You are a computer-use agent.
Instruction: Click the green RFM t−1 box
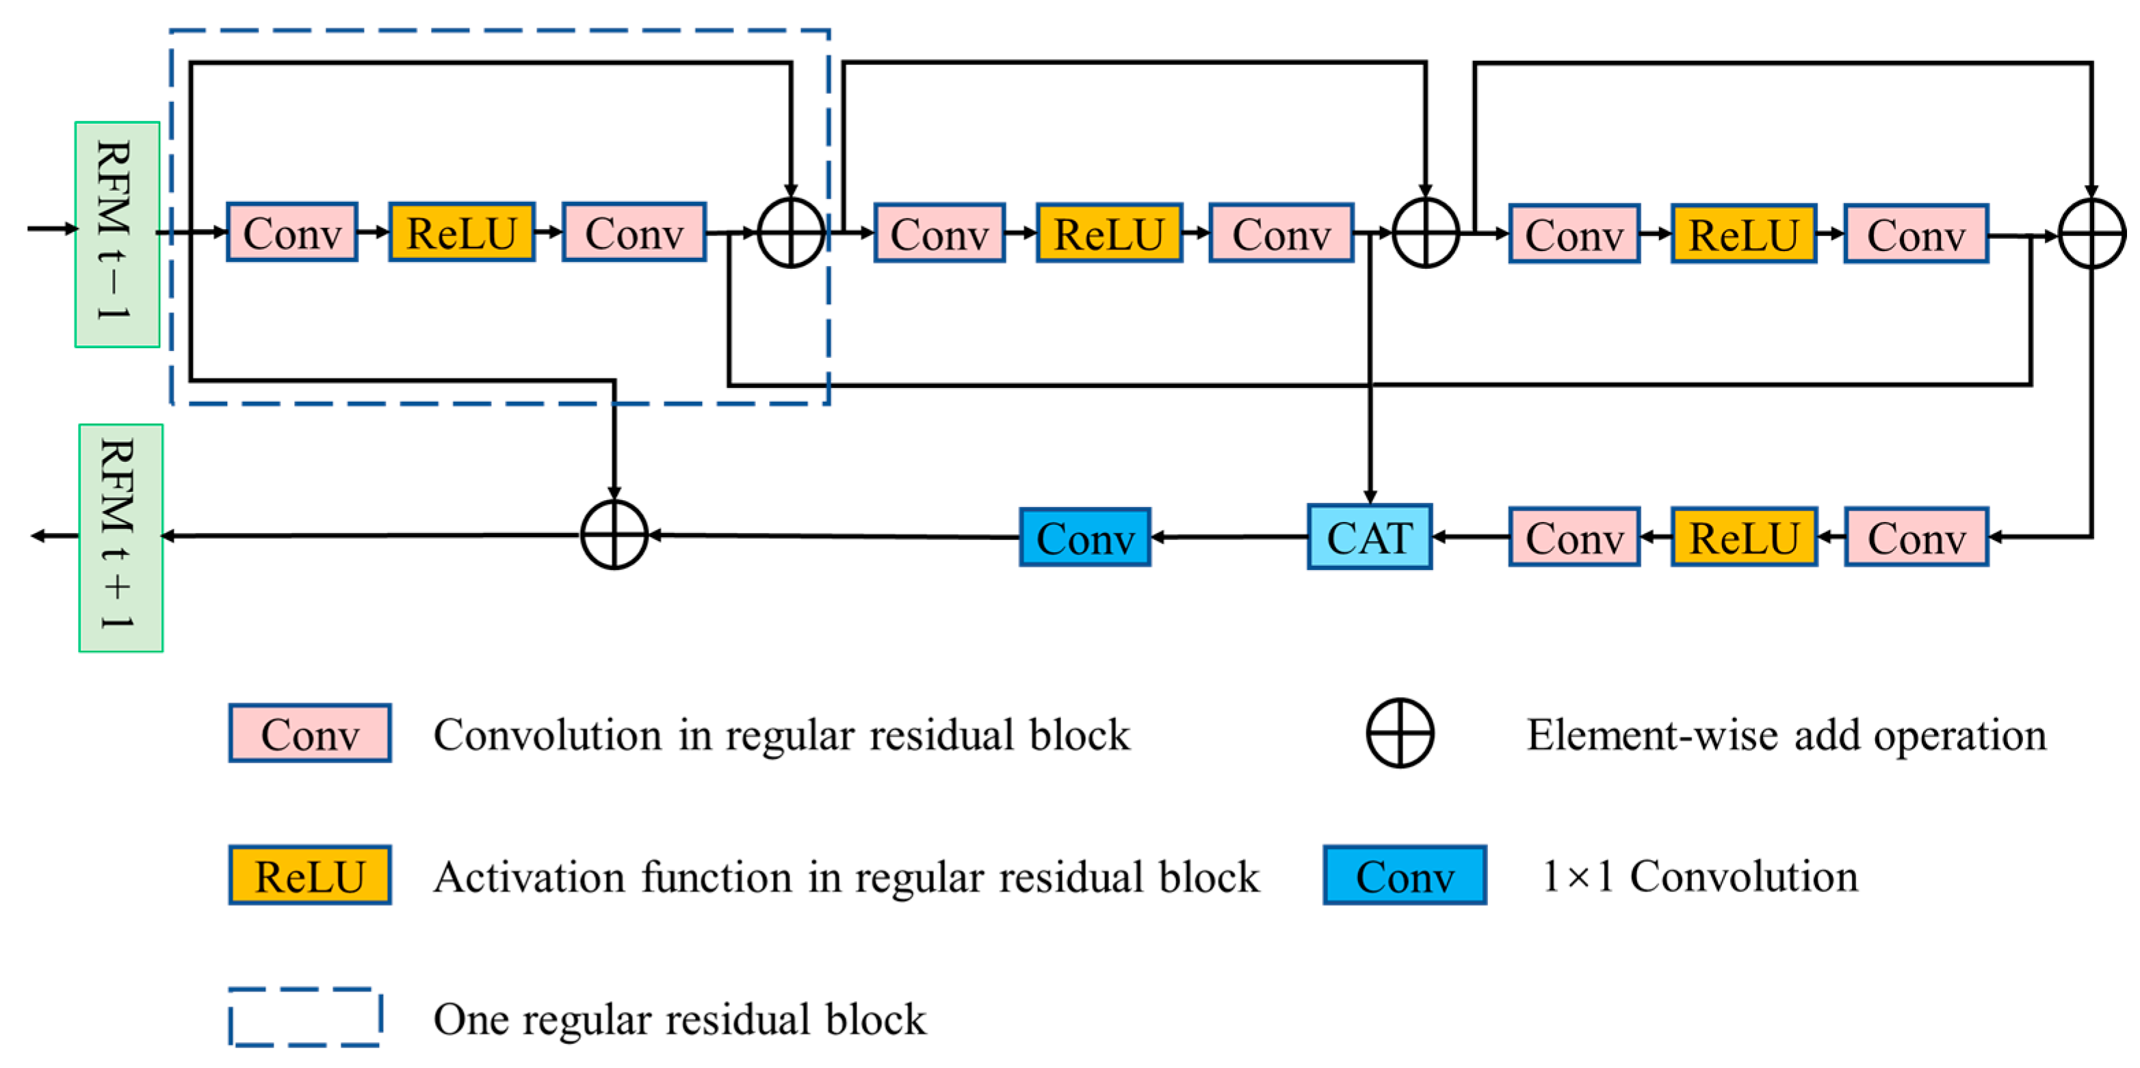[x=117, y=234]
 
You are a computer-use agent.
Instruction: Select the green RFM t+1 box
[x=120, y=537]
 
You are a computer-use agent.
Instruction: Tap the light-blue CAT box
[x=1369, y=537]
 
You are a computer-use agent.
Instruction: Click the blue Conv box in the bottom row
[x=1085, y=537]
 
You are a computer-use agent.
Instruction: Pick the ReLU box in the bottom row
[x=1744, y=537]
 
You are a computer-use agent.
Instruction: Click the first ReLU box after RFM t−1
[x=461, y=233]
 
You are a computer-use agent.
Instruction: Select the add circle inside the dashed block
[x=791, y=233]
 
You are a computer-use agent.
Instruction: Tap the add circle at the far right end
[x=2091, y=234]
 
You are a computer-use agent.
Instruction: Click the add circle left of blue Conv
[x=614, y=535]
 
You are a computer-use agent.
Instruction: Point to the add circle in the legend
[x=1400, y=733]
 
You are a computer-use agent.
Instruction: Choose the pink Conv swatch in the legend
[x=310, y=733]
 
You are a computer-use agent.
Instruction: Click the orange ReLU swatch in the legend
[x=310, y=875]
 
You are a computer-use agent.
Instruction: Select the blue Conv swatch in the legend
[x=1404, y=875]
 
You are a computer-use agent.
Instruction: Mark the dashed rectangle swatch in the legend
[x=305, y=1017]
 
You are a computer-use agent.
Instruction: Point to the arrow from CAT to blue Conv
[x=1229, y=537]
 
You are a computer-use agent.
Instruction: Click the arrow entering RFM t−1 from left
[x=51, y=229]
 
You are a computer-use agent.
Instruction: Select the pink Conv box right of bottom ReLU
[x=1916, y=537]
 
